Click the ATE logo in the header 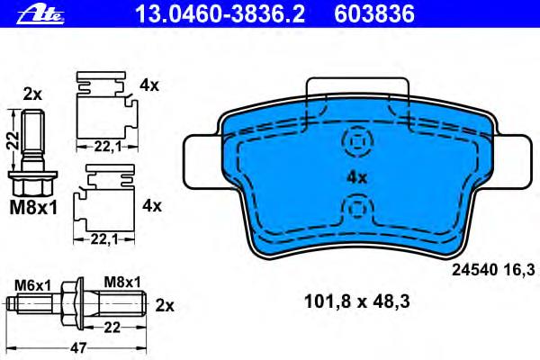pyautogui.click(x=40, y=15)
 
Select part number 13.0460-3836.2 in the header pyautogui.click(x=220, y=14)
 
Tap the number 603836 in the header pyautogui.click(x=374, y=14)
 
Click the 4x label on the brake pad pyautogui.click(x=356, y=178)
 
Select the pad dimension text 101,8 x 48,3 pyautogui.click(x=357, y=301)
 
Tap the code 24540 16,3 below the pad pyautogui.click(x=493, y=270)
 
